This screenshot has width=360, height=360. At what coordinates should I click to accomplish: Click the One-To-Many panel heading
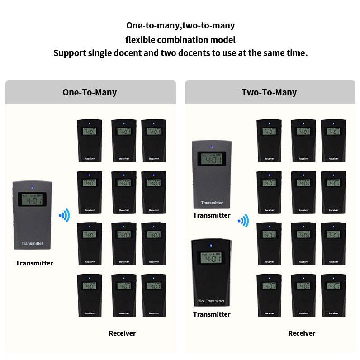90,92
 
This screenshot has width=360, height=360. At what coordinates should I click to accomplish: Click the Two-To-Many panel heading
269,92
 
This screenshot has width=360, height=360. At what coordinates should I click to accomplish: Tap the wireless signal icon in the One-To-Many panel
64,215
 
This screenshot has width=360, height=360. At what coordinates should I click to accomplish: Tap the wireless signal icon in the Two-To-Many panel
244,221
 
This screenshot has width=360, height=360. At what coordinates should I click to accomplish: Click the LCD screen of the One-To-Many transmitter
32,200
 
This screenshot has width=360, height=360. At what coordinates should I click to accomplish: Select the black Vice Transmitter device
211,272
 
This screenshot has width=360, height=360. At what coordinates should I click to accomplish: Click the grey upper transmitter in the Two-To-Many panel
211,174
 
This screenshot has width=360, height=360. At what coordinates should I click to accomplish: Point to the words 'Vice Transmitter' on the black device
211,301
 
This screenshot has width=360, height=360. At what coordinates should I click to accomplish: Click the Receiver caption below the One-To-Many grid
122,333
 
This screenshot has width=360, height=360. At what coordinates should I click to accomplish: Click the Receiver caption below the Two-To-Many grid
302,333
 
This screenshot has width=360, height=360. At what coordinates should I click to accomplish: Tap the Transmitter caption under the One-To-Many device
34,263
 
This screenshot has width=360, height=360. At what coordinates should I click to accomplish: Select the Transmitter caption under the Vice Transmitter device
212,314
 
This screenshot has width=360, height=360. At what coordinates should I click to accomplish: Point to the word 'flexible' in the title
141,40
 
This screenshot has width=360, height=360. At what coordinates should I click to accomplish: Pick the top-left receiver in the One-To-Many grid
90,140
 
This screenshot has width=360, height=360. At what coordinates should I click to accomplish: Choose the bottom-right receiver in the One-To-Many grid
154,295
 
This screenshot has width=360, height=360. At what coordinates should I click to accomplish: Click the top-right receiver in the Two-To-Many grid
333,140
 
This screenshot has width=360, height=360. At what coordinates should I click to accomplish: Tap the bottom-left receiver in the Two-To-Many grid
269,295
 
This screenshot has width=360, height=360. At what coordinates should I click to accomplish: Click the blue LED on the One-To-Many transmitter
32,186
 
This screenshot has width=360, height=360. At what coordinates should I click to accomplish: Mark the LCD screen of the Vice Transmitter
211,257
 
